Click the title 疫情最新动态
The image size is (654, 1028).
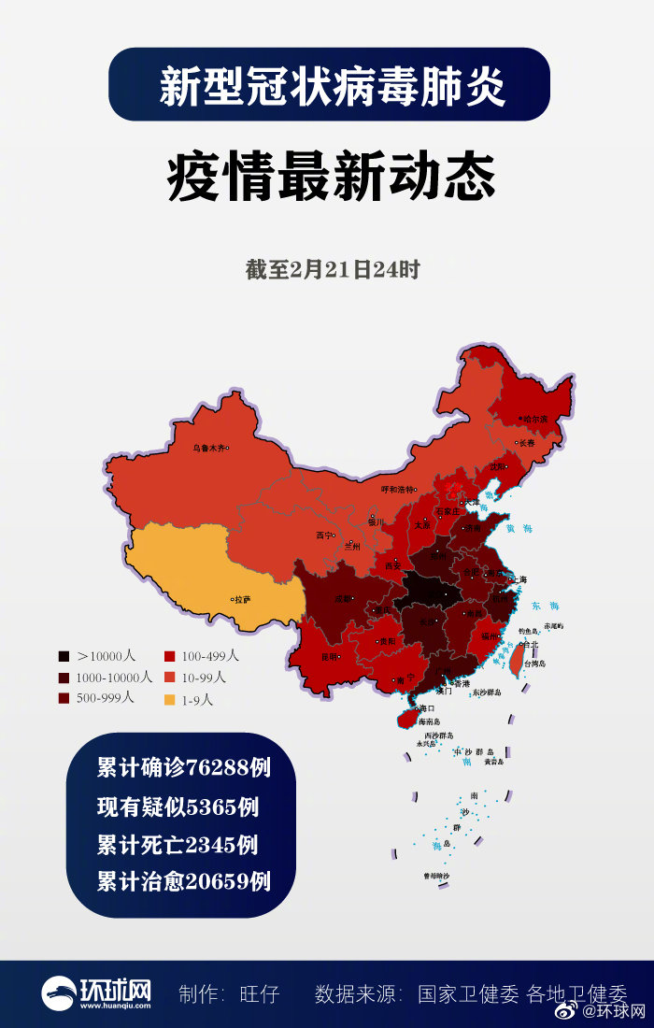(x=332, y=178)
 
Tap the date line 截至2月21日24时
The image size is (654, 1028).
(x=333, y=270)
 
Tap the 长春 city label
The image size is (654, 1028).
(x=527, y=443)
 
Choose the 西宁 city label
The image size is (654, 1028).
(x=324, y=535)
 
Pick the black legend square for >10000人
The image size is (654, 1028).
(x=64, y=656)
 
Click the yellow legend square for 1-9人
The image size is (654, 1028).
(x=169, y=699)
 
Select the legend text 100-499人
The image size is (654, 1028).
(x=210, y=656)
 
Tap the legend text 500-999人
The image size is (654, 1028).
(x=106, y=697)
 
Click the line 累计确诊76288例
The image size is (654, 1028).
(x=184, y=768)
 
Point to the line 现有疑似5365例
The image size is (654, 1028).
(x=178, y=807)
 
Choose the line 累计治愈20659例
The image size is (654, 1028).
(x=184, y=880)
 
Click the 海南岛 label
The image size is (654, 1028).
(x=429, y=721)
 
